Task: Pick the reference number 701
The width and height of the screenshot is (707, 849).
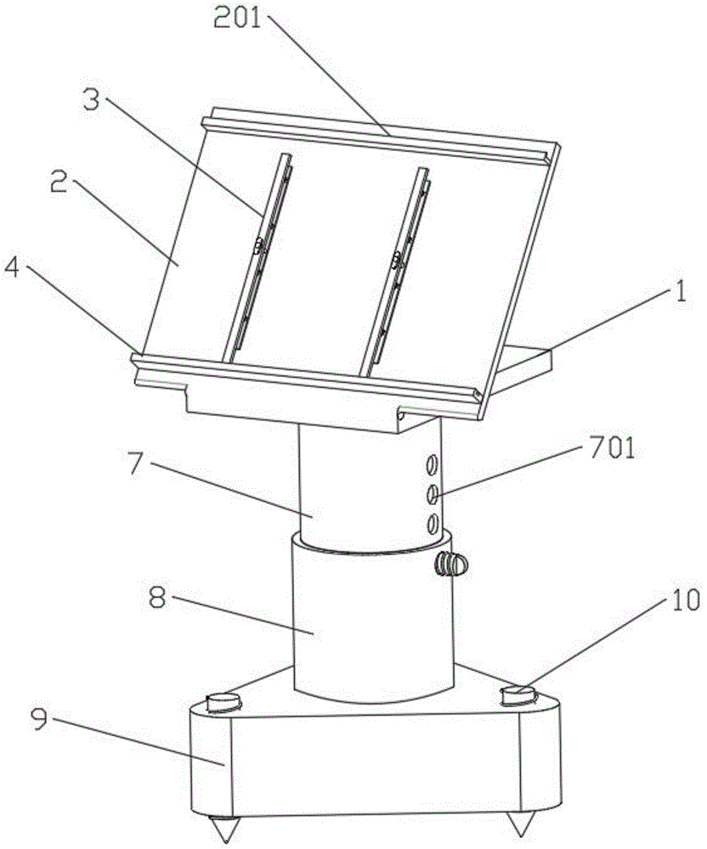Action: coord(611,450)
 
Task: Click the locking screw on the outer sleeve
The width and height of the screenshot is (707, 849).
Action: coord(450,564)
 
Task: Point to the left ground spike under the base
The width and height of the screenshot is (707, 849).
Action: coord(224,829)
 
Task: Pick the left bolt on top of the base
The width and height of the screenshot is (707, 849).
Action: coord(223,703)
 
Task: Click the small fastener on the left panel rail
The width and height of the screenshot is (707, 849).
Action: coord(259,247)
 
